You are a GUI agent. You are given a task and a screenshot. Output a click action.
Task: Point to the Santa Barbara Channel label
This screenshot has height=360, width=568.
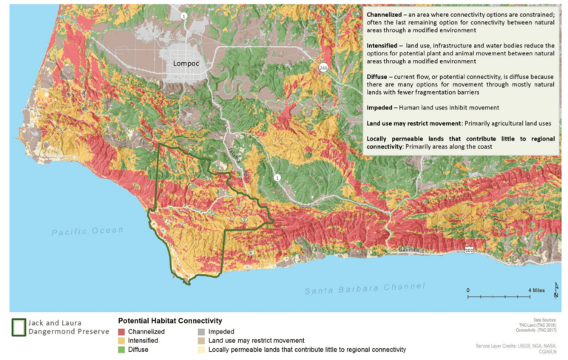(358, 290)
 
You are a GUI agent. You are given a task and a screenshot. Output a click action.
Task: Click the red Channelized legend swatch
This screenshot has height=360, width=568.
(124, 333)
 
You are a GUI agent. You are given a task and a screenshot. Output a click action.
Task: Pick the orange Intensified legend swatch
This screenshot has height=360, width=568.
(124, 341)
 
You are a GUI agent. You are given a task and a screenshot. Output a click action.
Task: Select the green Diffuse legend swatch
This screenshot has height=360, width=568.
(124, 349)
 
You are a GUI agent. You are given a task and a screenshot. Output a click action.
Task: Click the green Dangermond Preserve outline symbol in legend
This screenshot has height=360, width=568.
(18, 327)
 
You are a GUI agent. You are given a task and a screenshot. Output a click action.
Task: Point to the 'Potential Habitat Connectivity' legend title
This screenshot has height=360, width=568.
(170, 321)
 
